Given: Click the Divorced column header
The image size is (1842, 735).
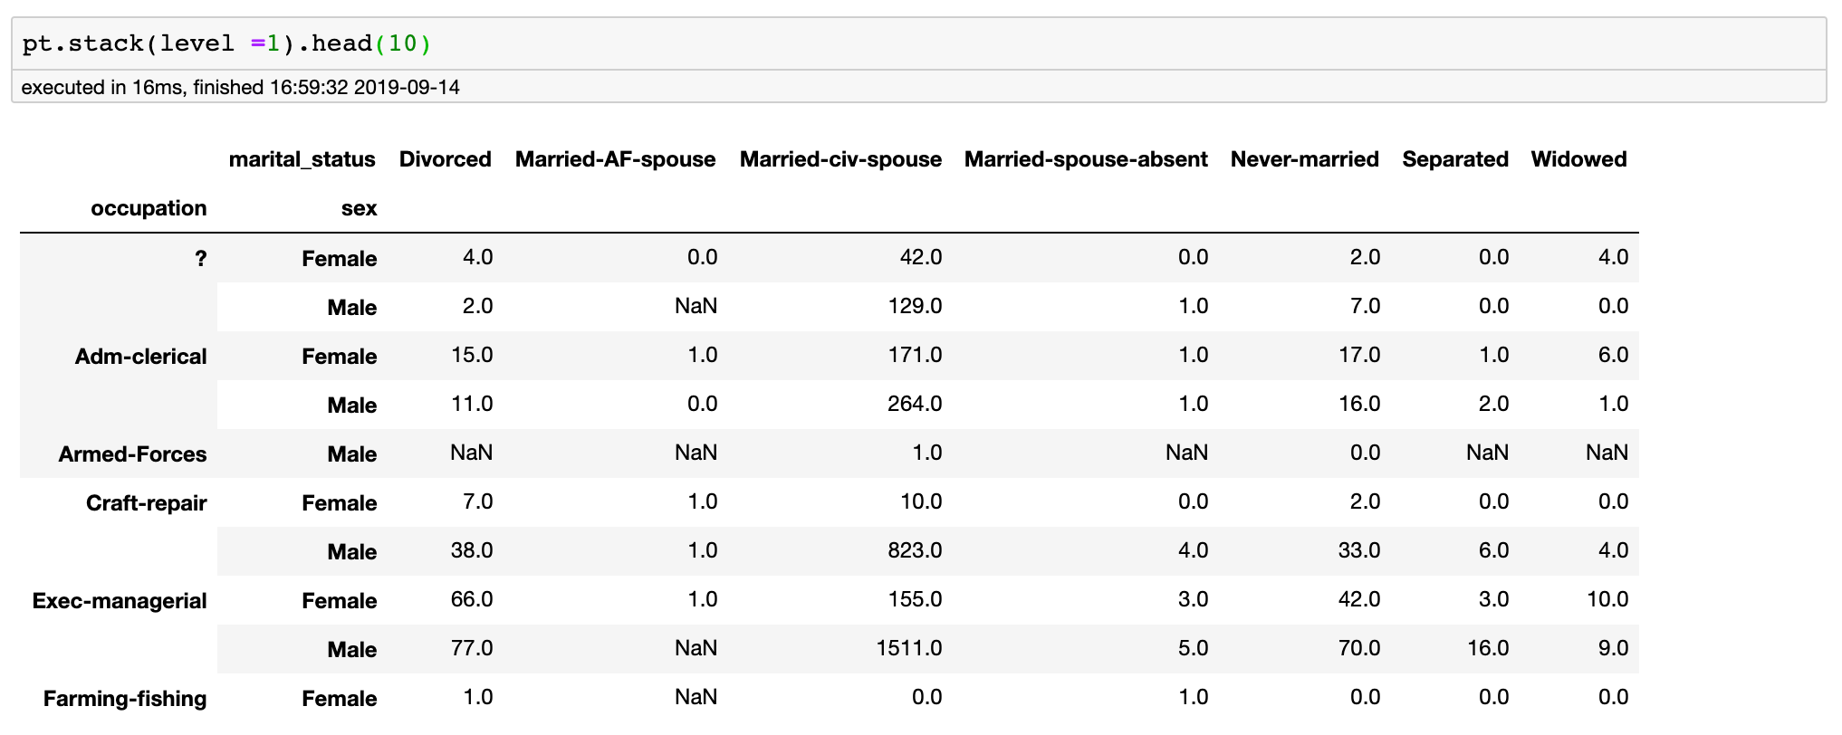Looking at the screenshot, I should [x=445, y=159].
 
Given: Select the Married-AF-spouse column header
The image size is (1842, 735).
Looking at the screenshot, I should [x=615, y=159].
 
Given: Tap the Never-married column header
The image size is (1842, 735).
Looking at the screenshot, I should [x=1304, y=159].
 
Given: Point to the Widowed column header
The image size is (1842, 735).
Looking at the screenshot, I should [x=1578, y=159].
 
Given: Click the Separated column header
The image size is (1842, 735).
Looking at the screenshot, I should [x=1455, y=159].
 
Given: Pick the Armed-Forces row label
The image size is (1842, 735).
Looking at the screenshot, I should [x=132, y=453].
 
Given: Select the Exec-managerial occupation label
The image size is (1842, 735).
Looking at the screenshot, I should [x=120, y=600].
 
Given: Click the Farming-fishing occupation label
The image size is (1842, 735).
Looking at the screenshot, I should [x=125, y=698].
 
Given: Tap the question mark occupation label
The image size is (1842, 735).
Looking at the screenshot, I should [x=200, y=258].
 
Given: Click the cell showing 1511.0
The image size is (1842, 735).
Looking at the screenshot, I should [x=909, y=648].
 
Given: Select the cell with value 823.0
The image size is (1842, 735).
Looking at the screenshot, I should [x=915, y=550].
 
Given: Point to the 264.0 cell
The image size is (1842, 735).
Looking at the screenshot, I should [x=915, y=404].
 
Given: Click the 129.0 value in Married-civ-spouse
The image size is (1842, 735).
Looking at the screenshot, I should [x=915, y=306].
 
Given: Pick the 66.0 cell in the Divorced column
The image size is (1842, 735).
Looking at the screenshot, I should [x=472, y=599].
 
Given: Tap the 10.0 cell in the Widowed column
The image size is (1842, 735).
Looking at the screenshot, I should [x=1607, y=599].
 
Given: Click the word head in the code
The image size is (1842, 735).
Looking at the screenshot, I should [x=341, y=43].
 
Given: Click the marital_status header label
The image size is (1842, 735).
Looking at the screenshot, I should [x=302, y=159].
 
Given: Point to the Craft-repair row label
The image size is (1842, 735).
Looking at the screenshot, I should [x=146, y=502].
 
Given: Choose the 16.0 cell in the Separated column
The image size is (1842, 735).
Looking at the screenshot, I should [x=1487, y=648].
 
